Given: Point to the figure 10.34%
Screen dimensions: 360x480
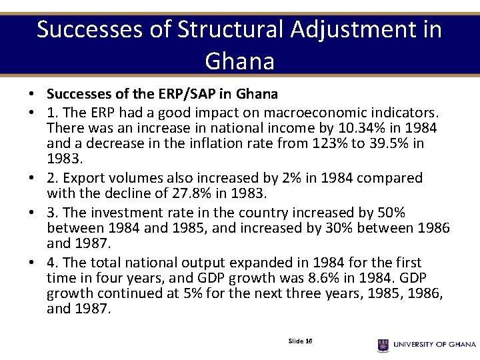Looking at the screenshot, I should [357, 127].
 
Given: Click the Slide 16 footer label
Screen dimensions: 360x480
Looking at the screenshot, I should [300, 341].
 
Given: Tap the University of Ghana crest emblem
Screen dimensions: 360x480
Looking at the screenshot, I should [383, 345].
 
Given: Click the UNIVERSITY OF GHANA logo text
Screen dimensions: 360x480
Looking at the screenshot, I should [434, 345].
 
